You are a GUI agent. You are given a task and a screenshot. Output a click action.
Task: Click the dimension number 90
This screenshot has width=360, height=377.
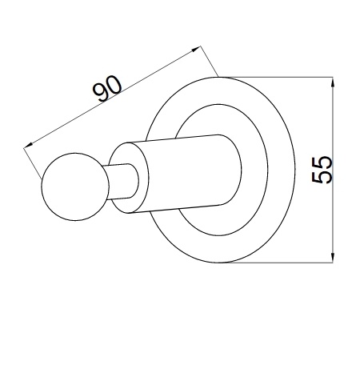[107, 89]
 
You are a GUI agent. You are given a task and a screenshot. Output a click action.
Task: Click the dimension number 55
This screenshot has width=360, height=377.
[322, 170]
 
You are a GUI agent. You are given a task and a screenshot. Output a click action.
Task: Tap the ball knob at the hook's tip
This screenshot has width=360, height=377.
[75, 186]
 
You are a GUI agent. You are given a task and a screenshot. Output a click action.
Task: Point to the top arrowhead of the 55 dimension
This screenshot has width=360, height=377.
[332, 82]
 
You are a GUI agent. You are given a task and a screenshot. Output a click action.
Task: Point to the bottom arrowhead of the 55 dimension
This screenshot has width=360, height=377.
[332, 258]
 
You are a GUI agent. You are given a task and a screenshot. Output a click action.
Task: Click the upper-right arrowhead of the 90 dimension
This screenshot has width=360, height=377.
[196, 49]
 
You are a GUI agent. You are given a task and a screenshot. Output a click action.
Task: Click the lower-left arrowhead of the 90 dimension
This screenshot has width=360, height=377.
[28, 145]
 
